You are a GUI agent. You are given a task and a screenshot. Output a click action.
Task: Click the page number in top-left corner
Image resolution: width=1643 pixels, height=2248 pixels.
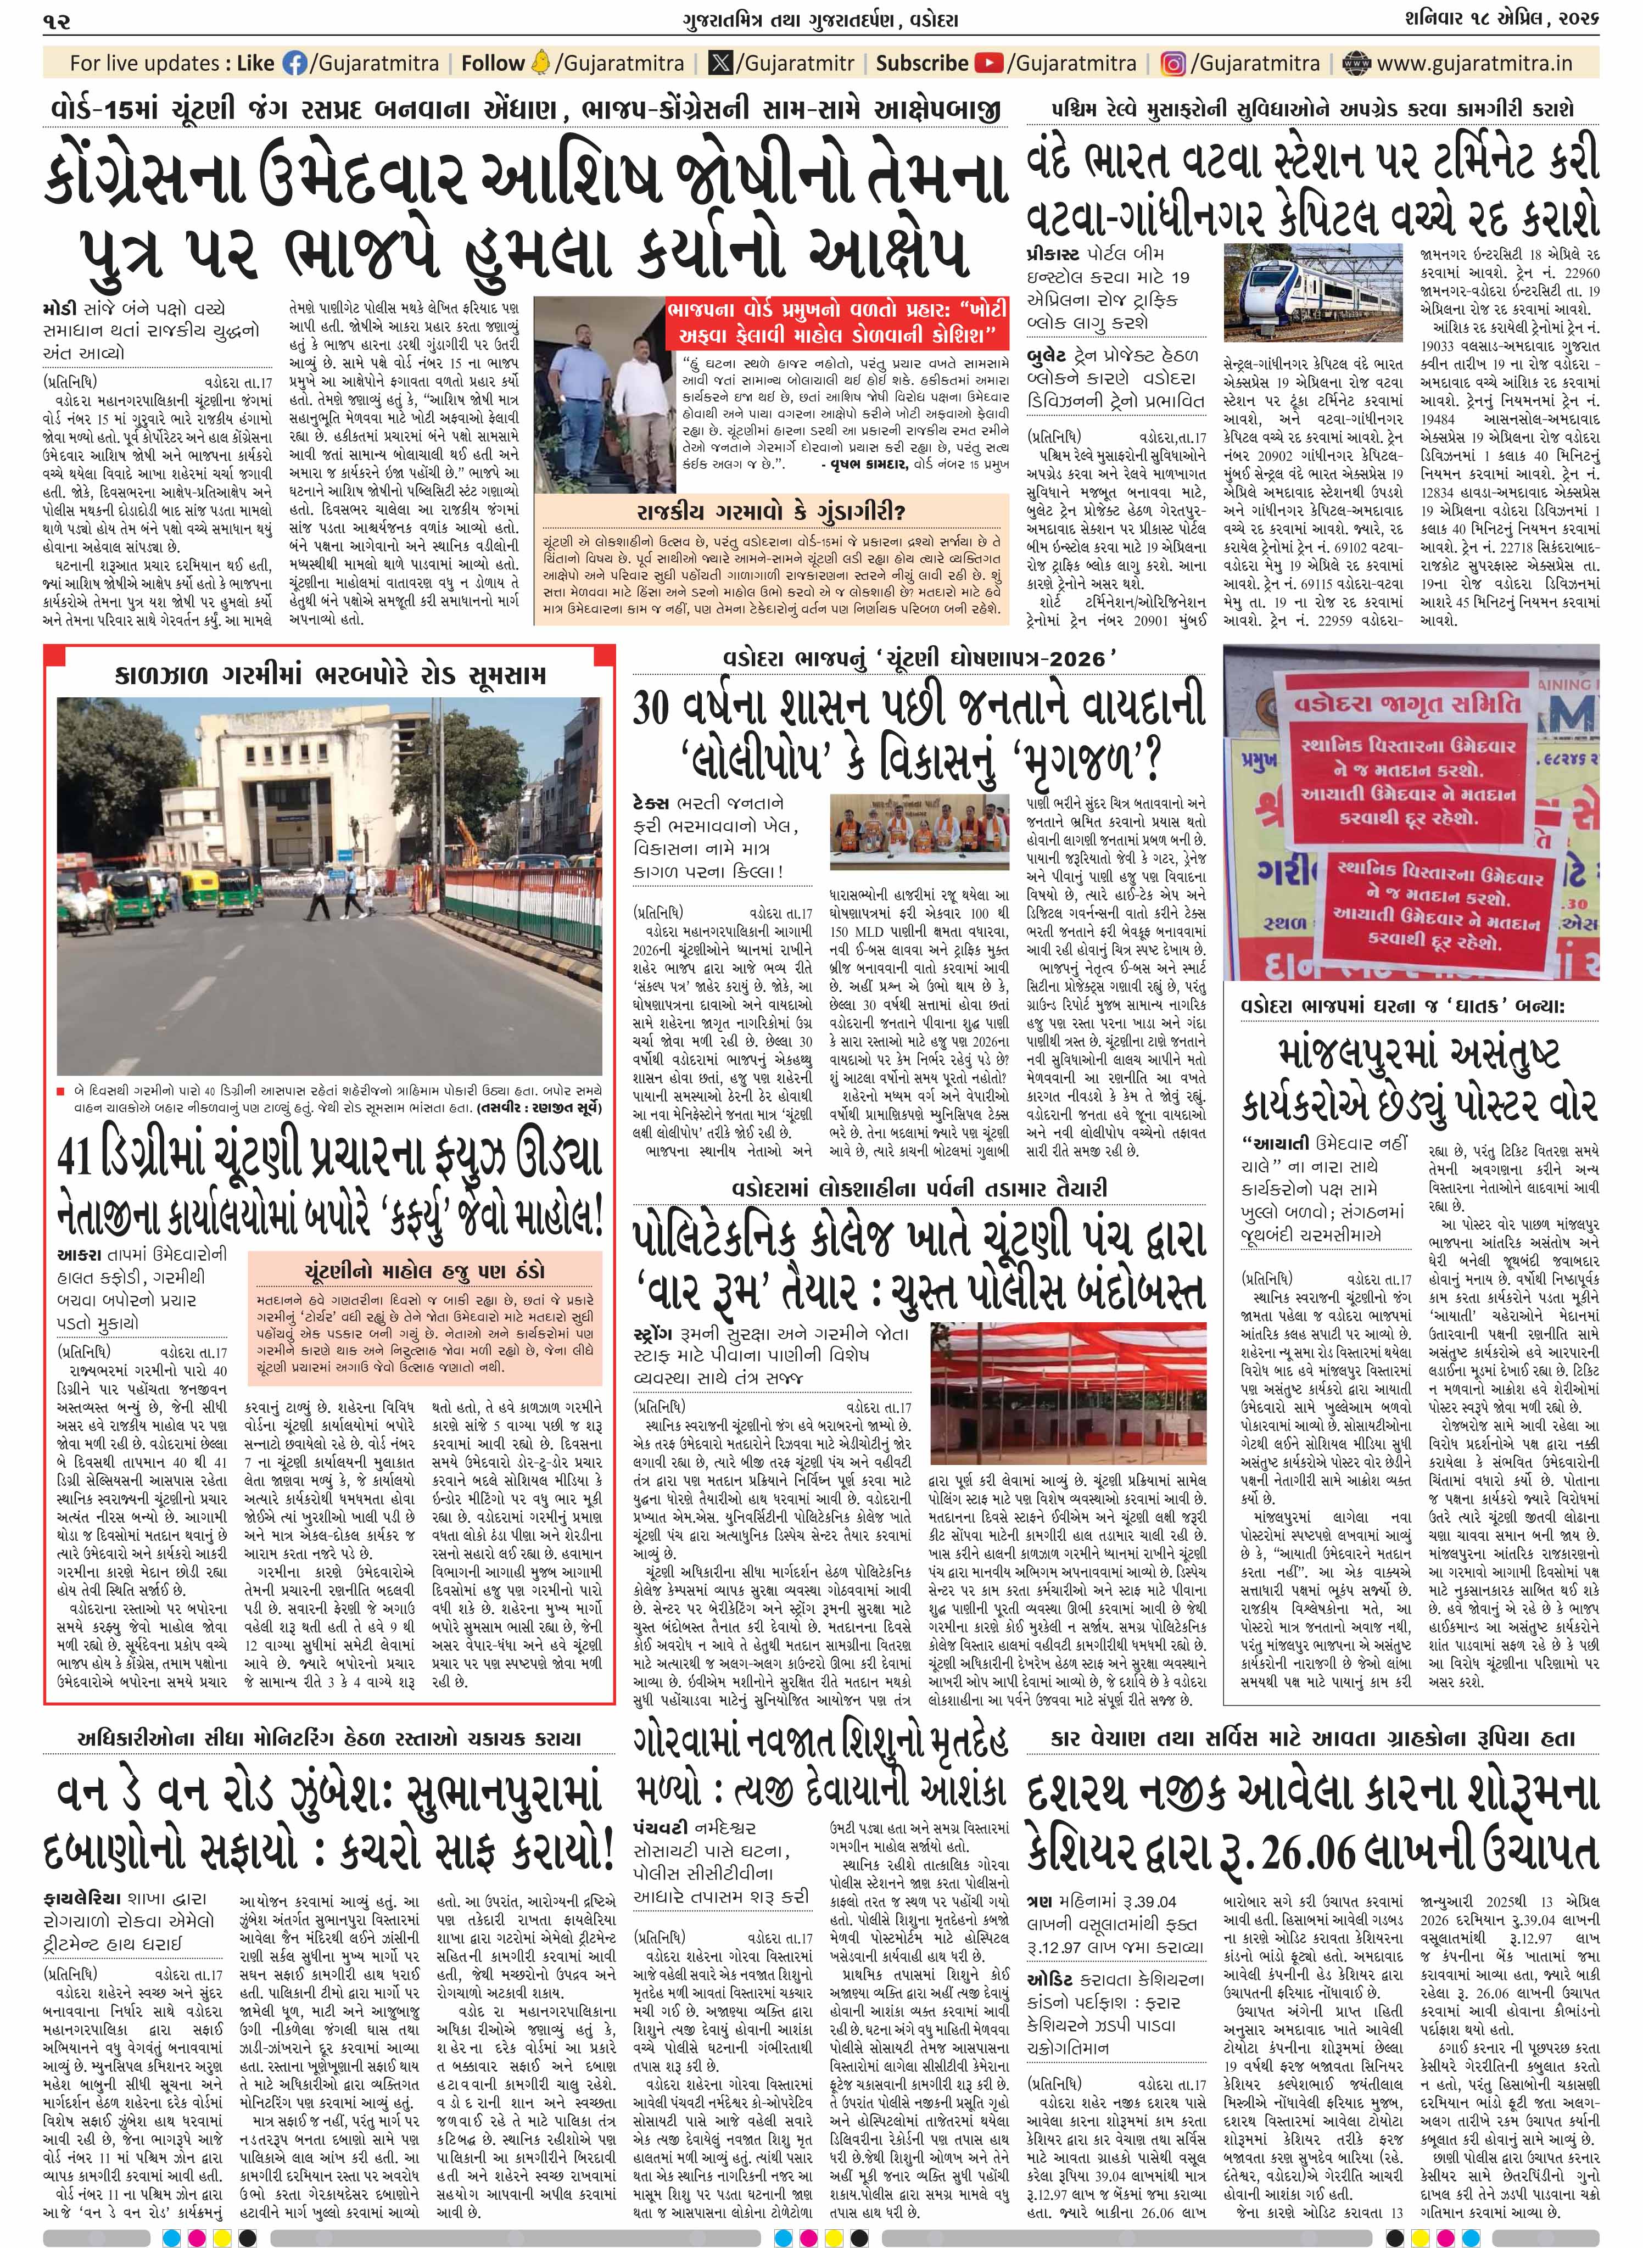tap(57, 19)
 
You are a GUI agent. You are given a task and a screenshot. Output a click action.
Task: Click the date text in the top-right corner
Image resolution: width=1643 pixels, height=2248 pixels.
tap(1519, 19)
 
